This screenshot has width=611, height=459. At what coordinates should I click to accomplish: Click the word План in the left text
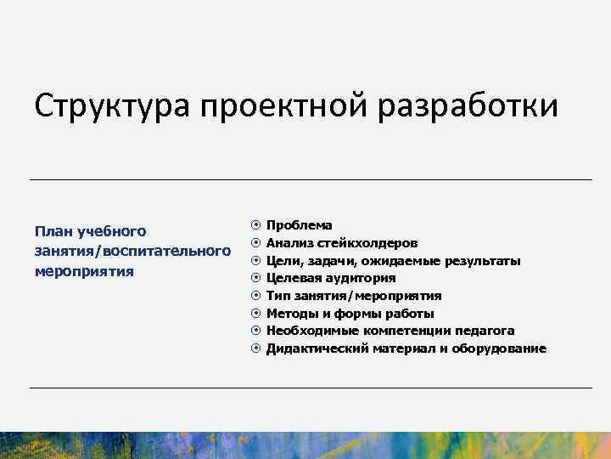(52, 231)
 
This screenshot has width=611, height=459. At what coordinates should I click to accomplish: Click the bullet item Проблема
(300, 225)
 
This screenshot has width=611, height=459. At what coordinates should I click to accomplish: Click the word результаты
(479, 261)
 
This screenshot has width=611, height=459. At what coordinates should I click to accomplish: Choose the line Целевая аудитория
(331, 278)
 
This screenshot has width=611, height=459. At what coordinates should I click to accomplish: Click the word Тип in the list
(277, 296)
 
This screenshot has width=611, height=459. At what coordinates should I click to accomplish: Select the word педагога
(485, 331)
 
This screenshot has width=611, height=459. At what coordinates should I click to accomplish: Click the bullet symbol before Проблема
(255, 225)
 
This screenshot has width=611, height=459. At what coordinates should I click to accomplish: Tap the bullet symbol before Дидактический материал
(255, 348)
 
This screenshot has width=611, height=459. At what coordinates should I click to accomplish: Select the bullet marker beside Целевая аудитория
(255, 278)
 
